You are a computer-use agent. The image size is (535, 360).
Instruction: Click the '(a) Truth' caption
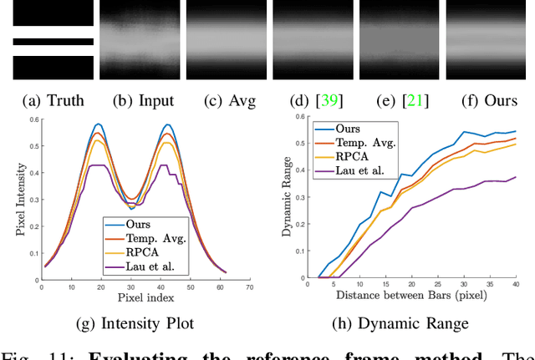point(48,101)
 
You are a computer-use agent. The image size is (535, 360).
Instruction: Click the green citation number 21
point(411,101)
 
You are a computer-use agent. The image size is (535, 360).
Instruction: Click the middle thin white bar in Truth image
point(53,41)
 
